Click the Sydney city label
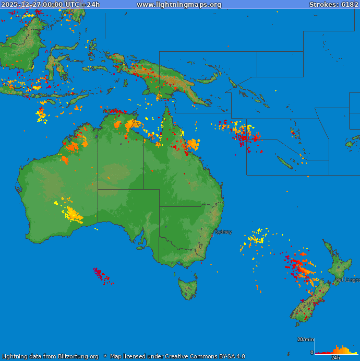coord(223,232)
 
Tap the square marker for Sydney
coord(212,236)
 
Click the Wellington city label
coord(347,280)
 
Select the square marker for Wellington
coord(333,284)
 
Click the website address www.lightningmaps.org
coord(179,4)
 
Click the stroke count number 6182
coord(350,4)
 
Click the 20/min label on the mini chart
coord(306,340)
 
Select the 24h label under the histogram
coord(335,358)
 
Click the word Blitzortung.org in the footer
coord(78,357)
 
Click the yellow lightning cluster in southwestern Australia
coord(73,213)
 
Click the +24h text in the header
coord(90,4)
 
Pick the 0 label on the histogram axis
coord(312,353)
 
